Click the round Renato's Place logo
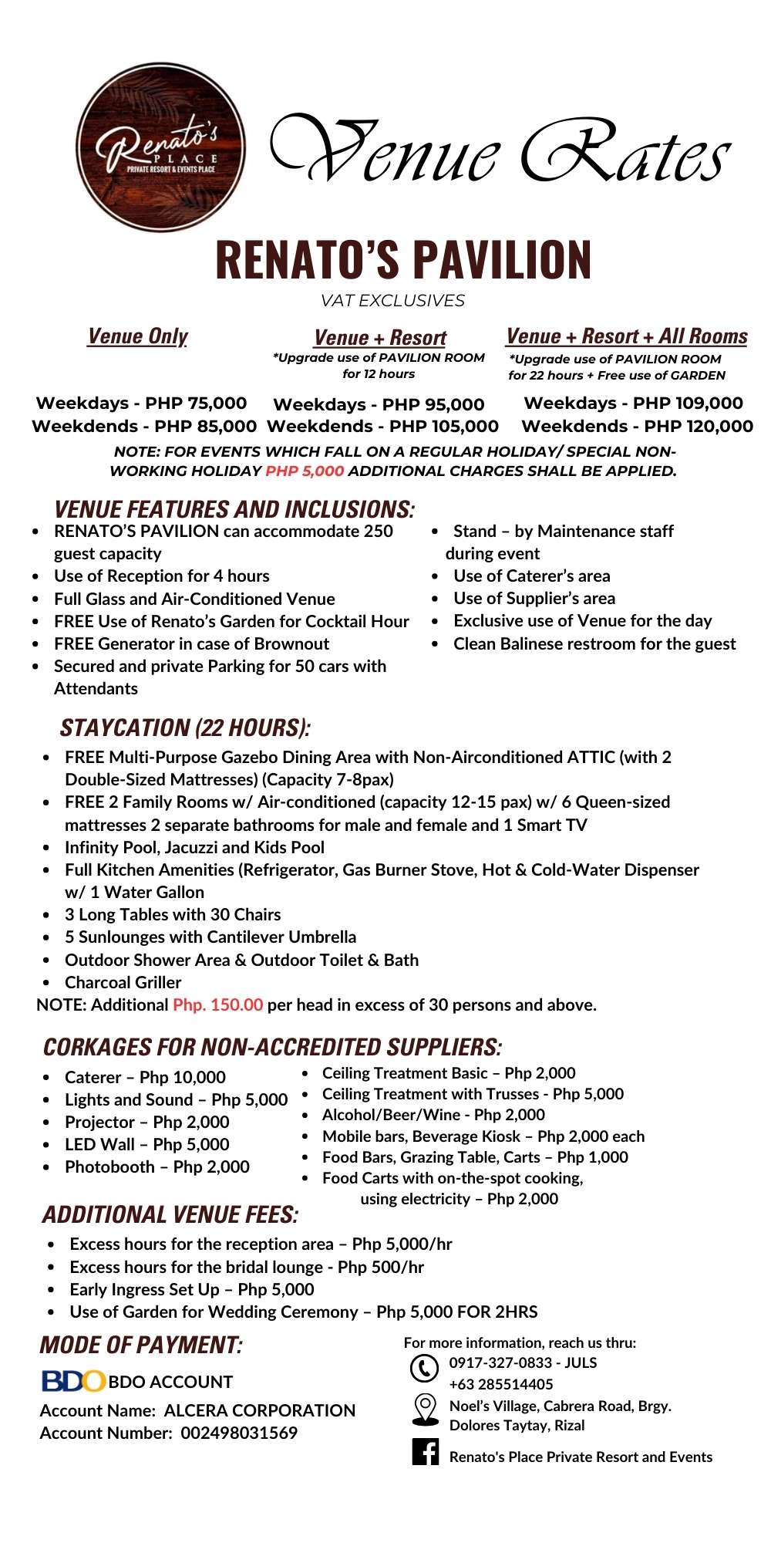[160, 147]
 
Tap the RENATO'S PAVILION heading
[403, 260]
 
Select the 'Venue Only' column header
[138, 336]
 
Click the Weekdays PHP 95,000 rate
[379, 404]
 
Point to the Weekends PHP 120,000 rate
[637, 426]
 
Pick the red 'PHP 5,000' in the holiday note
[305, 471]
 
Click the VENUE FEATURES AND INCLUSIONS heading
[234, 509]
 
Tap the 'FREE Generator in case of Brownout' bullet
[191, 643]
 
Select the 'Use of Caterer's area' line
[531, 576]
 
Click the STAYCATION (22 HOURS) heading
[185, 728]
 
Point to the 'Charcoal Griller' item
[123, 982]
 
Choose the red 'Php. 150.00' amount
[218, 1004]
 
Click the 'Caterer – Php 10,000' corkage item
[145, 1077]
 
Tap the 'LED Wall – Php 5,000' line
[146, 1144]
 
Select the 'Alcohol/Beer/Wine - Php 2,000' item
[433, 1115]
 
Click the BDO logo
[72, 1381]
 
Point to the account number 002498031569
[239, 1433]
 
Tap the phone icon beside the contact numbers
[423, 1368]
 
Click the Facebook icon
[425, 1453]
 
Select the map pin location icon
[425, 1410]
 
